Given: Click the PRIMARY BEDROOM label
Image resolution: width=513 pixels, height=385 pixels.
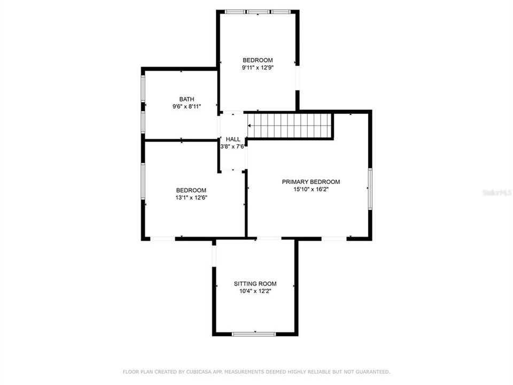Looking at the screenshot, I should coord(310,182).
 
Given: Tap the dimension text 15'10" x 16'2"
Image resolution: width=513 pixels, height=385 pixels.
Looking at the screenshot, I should coord(310,189).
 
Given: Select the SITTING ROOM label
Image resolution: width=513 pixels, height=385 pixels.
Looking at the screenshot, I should coord(255,283).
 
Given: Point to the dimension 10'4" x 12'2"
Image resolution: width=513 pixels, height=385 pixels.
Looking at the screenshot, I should coord(255,291).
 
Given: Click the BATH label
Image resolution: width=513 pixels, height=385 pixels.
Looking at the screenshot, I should coord(186,99).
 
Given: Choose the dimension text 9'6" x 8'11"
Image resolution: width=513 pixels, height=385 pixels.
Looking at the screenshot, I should coord(186,106).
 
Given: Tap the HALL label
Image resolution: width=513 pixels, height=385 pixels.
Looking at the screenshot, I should coord(233,139).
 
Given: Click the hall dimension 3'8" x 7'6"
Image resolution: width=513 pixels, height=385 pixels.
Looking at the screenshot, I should coord(232,146).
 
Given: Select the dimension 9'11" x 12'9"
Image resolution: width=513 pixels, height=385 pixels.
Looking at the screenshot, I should coord(258,67).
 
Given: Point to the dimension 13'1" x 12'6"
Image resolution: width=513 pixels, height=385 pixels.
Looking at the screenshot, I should coord(191,197).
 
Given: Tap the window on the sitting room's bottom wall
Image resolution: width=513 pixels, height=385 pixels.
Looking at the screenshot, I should coord(254,334).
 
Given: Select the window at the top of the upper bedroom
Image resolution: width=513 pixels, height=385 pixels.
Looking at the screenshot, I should coord(257,11).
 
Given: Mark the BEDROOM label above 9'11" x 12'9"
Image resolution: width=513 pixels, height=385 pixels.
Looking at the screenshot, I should coord(258,60).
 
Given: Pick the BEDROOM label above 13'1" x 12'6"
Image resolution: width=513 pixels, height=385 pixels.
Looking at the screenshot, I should coord(191,190).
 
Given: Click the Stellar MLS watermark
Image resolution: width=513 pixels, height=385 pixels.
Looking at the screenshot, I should coord(496,192).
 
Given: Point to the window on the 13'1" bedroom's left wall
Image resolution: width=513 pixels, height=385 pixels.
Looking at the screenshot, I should coord(143,182).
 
